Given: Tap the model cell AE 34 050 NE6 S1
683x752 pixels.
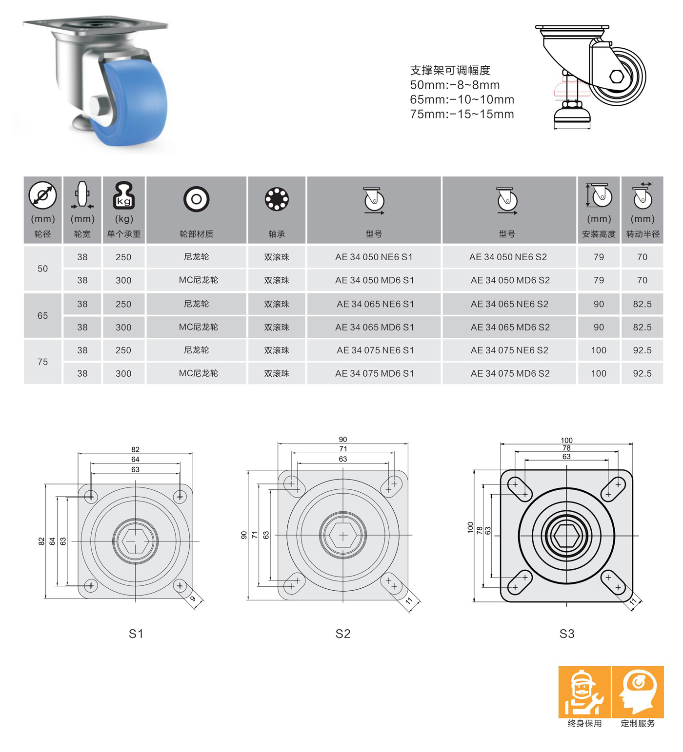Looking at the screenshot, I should click(374, 257).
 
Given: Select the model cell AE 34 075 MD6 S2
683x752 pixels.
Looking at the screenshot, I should click(510, 373).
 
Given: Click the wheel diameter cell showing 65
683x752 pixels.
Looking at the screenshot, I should click(43, 315).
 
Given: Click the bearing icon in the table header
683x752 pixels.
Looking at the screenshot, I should click(277, 199).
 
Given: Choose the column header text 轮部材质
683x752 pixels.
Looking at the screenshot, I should click(196, 234).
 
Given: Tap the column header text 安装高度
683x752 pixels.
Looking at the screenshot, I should click(599, 234).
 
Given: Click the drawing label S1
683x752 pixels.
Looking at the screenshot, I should click(136, 634).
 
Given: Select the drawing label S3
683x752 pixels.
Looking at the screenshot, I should click(566, 634).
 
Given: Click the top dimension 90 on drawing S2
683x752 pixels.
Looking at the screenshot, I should click(343, 439).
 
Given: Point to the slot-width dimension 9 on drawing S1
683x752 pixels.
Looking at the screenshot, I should click(193, 599).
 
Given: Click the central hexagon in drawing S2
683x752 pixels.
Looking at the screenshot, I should click(343, 536).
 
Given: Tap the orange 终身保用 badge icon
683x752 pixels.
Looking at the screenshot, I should click(584, 692).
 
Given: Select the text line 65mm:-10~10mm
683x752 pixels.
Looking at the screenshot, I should click(462, 99).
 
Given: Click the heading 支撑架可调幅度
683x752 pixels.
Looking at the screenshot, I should click(450, 70).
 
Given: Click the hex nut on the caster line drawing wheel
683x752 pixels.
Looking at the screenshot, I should click(617, 77).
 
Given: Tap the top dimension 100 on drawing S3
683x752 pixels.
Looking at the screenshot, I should click(566, 440).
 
